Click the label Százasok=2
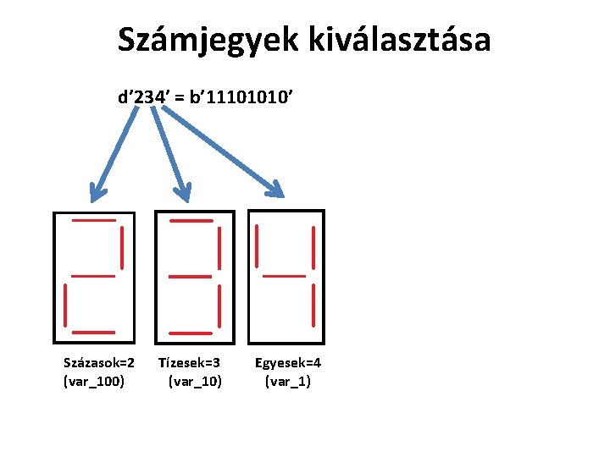99,363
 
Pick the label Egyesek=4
288,363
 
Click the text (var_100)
94,382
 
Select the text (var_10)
196,382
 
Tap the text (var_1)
288,382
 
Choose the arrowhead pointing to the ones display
277,185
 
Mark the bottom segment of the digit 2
93,331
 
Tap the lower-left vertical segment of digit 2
65,305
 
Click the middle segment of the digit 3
190,275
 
